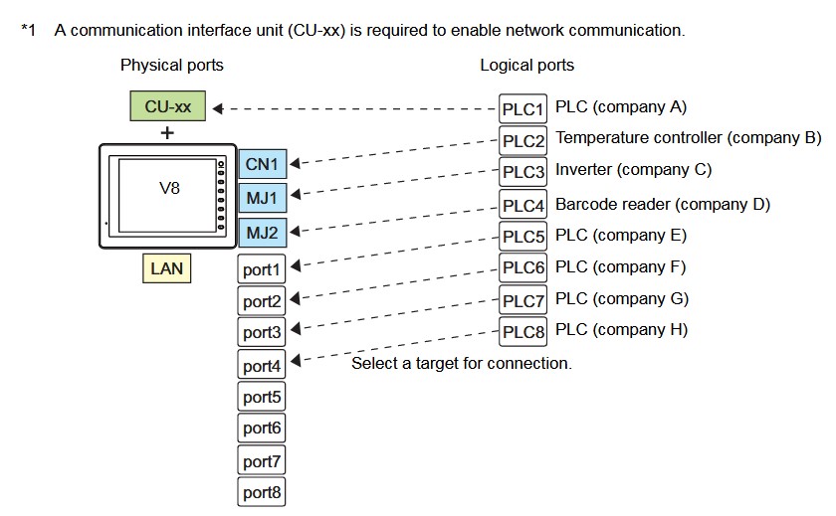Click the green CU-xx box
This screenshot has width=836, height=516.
168,106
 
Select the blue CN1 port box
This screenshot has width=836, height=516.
263,164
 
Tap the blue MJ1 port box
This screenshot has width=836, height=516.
263,198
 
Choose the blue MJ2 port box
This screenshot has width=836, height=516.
263,233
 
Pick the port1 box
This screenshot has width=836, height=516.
263,268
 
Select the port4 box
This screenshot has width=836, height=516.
263,365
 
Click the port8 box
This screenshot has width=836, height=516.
263,491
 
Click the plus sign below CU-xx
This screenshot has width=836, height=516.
167,132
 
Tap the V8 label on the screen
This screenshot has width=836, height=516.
170,186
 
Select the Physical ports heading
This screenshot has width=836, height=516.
172,66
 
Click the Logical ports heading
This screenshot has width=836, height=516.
526,66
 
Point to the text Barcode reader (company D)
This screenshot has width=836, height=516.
663,205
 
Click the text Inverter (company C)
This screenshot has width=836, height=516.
634,170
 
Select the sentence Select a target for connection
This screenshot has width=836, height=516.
462,364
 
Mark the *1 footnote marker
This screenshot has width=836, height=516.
28,30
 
